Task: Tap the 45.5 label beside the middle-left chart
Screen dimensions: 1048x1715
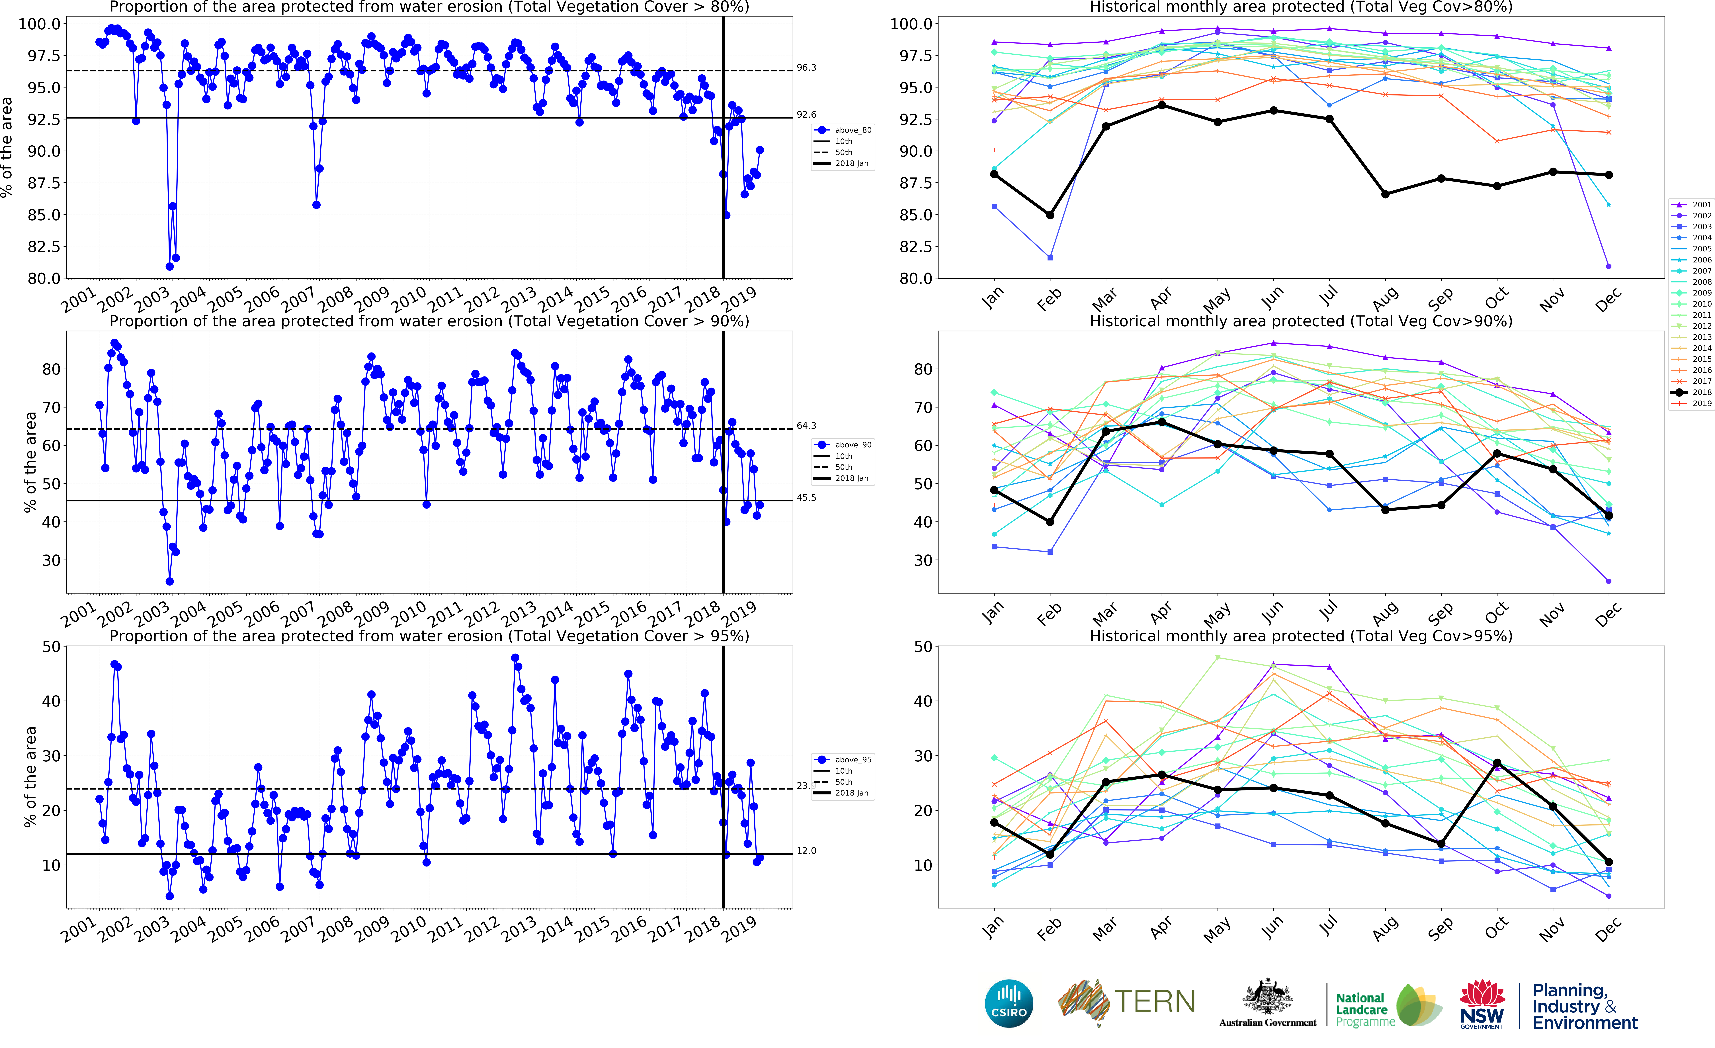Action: [806, 498]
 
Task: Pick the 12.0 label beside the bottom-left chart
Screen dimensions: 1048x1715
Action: [806, 851]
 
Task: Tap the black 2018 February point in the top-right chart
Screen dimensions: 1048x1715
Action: [1050, 215]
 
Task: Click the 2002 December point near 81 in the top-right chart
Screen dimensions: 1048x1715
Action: [1609, 266]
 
